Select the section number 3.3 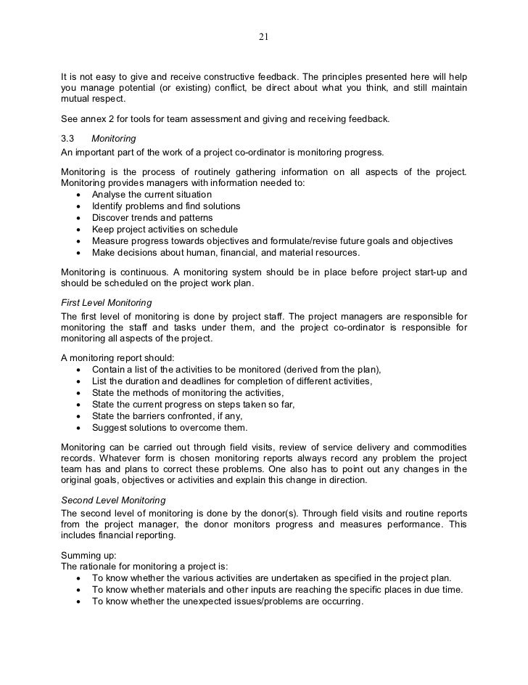click(x=69, y=138)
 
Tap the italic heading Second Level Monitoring click(x=114, y=500)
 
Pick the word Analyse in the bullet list click(x=111, y=195)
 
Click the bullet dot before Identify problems click(x=78, y=206)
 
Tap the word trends click(x=149, y=218)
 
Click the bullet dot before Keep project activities click(x=78, y=230)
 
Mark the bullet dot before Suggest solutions click(x=78, y=428)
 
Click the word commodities click(x=437, y=446)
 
